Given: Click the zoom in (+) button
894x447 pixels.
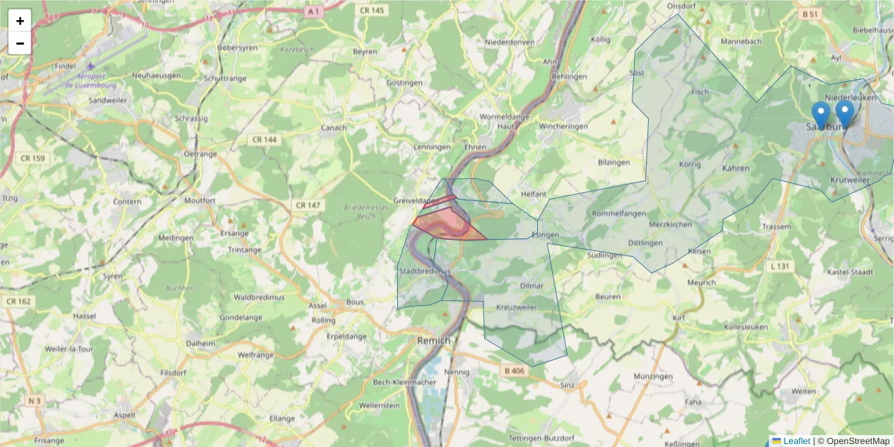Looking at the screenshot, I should tap(20, 21).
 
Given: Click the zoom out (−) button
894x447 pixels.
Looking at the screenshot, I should tap(20, 43).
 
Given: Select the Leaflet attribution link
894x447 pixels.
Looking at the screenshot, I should tap(796, 441).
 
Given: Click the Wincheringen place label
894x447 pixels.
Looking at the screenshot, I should tap(564, 127).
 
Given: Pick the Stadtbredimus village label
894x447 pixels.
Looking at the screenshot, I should tap(425, 272).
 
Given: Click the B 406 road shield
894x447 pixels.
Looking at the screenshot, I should tap(514, 370).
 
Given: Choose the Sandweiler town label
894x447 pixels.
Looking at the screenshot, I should tap(108, 100).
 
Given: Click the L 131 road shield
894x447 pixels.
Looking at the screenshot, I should tap(780, 266).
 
